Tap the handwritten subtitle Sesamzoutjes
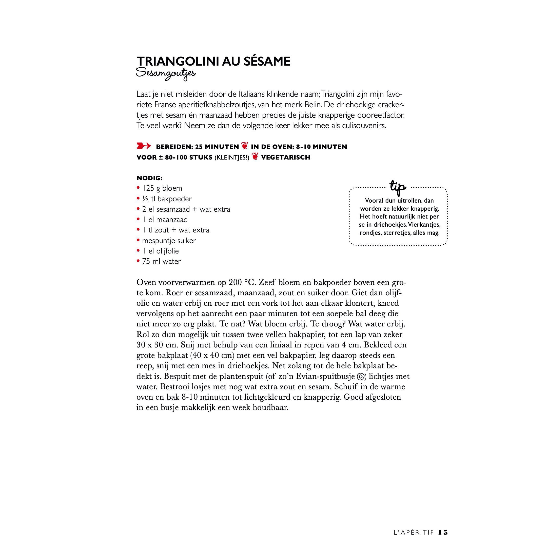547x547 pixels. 166,74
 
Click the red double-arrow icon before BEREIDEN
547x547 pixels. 144,146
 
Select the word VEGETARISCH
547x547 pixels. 285,158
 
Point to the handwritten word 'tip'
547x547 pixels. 398,187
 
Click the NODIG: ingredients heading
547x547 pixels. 149,178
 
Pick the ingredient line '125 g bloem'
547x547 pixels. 162,188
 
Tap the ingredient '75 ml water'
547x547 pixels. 161,261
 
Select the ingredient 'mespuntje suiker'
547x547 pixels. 169,241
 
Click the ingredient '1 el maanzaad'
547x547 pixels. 165,220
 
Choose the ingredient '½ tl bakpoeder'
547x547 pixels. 167,199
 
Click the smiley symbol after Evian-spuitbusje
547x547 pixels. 360,377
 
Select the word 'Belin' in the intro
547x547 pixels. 313,105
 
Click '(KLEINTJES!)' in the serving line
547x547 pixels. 232,158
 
